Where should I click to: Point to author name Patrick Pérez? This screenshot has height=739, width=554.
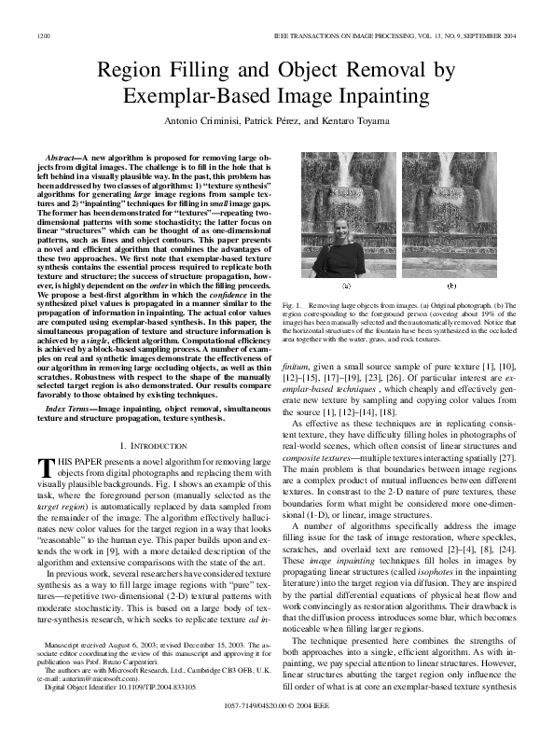[x=273, y=120]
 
